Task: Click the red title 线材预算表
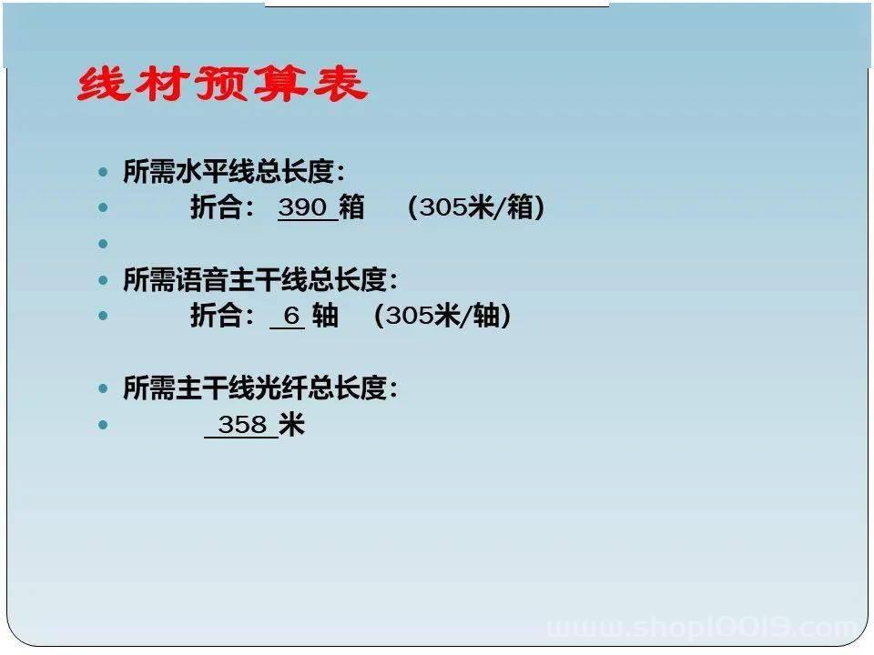[222, 84]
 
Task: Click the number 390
[302, 207]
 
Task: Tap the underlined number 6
[291, 316]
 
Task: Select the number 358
[242, 425]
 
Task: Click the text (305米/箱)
[476, 207]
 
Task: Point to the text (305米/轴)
[442, 316]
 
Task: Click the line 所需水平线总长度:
[234, 171]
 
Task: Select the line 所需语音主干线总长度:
[260, 279]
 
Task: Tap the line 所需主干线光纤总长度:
[260, 388]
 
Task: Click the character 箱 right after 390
[351, 207]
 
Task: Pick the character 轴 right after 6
[326, 316]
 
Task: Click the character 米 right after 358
[291, 425]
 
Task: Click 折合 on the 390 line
[216, 207]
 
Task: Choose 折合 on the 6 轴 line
[216, 316]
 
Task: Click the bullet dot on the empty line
[103, 244]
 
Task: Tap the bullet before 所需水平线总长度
[103, 172]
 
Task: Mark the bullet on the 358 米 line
[103, 425]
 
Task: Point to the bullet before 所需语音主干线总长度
[103, 280]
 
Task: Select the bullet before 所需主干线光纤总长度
[103, 388]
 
